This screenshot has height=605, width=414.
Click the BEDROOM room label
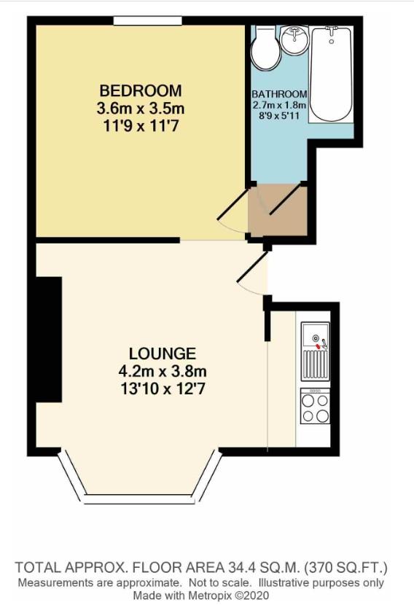141,91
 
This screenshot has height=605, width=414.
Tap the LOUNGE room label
158,354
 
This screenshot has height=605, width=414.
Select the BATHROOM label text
279,95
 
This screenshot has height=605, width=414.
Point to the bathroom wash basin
295,36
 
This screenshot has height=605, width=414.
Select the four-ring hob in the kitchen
315,406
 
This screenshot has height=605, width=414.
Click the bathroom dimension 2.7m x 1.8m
280,105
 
